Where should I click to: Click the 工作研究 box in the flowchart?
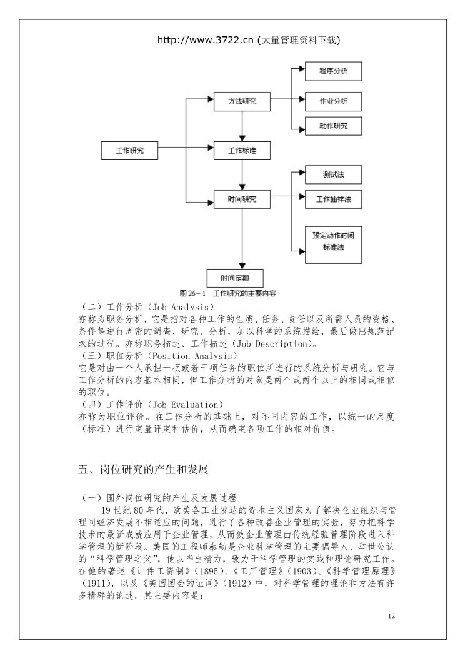coord(129,151)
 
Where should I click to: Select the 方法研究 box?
coord(242,101)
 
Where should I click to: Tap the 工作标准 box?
coord(242,151)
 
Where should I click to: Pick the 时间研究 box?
coord(242,200)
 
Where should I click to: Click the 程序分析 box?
coord(333,71)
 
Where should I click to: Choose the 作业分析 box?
coord(333,101)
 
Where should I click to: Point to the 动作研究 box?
coord(333,126)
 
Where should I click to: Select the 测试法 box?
coord(333,175)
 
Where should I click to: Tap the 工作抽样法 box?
coord(333,200)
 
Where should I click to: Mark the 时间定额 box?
coord(235,278)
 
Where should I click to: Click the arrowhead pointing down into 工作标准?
coord(242,138)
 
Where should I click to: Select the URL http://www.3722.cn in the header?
coord(206,40)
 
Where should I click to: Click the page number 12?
coord(391,615)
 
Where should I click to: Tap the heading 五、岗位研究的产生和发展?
coord(143,469)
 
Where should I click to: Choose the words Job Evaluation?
coord(186,405)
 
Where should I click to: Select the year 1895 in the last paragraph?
coord(209,571)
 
